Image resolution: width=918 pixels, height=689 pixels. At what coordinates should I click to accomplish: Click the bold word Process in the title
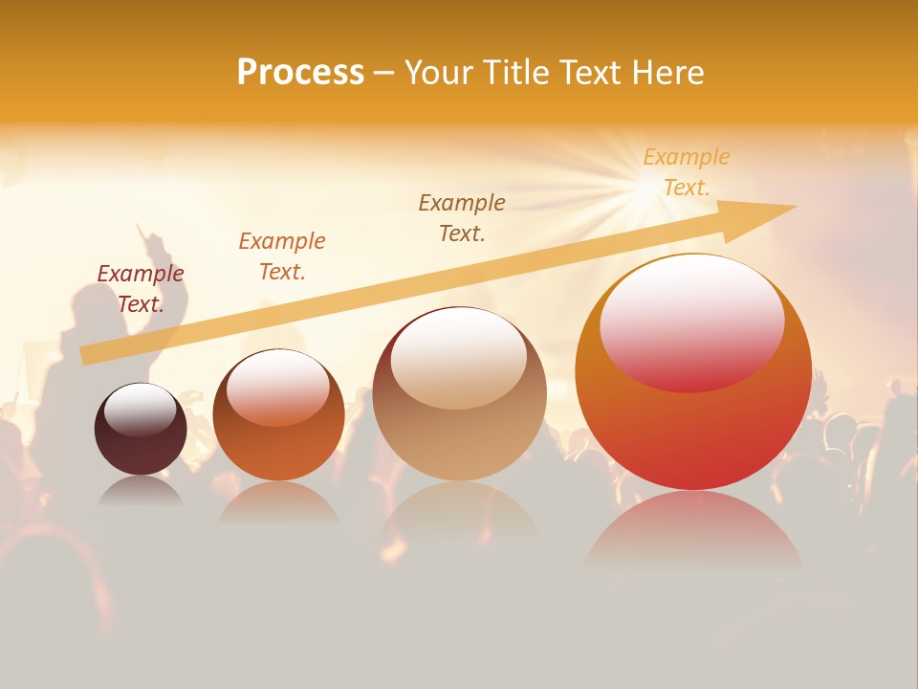point(300,73)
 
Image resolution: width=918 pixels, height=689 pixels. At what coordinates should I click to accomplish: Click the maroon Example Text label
point(141,289)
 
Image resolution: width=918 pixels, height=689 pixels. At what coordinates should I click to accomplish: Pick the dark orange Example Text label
point(282,256)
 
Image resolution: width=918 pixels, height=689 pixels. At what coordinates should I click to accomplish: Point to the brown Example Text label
point(462,218)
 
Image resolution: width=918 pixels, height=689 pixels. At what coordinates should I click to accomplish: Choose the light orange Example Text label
point(687,172)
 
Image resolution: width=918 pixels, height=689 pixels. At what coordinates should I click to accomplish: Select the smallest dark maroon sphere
point(141,445)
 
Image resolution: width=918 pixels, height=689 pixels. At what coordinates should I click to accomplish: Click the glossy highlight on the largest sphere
point(692,321)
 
